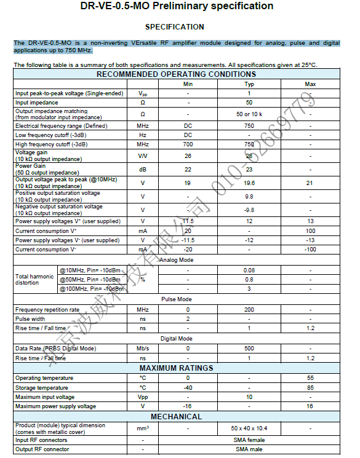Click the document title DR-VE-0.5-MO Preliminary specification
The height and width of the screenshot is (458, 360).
click(177, 6)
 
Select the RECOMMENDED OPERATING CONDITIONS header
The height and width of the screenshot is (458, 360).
click(176, 74)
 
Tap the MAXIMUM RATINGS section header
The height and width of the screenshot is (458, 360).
click(176, 368)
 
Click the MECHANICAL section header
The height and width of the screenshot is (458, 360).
click(176, 416)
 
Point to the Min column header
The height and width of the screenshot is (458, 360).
click(188, 84)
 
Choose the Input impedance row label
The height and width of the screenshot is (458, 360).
click(37, 103)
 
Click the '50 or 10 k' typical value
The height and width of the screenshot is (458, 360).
click(249, 114)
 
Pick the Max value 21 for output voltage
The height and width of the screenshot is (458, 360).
click(310, 183)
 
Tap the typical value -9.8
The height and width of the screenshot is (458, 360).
click(249, 210)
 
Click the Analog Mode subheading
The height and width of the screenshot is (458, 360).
click(176, 260)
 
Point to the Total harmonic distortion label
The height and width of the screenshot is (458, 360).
click(34, 280)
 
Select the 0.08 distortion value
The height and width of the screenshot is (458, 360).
click(249, 270)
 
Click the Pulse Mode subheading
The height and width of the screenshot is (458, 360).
click(176, 299)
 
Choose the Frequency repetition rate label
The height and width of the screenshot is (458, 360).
click(47, 310)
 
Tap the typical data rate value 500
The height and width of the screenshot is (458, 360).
click(249, 349)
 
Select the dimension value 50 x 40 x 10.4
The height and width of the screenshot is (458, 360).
click(249, 428)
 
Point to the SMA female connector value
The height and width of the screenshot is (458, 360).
click(249, 440)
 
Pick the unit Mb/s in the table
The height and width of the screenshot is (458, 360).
click(143, 349)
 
